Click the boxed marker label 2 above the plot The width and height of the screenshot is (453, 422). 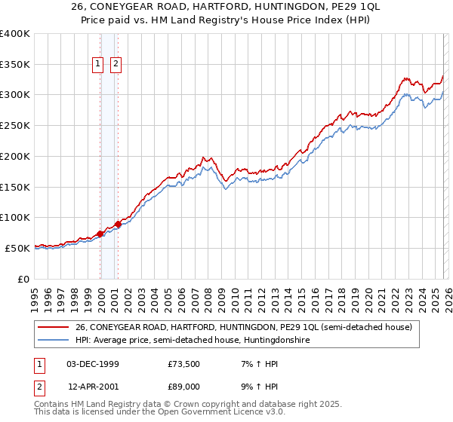[116, 65]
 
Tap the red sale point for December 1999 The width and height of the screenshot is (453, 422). [100, 234]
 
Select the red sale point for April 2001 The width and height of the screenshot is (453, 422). [118, 225]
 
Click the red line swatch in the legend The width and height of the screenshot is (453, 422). [54, 327]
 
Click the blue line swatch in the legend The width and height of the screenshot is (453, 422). [54, 341]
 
